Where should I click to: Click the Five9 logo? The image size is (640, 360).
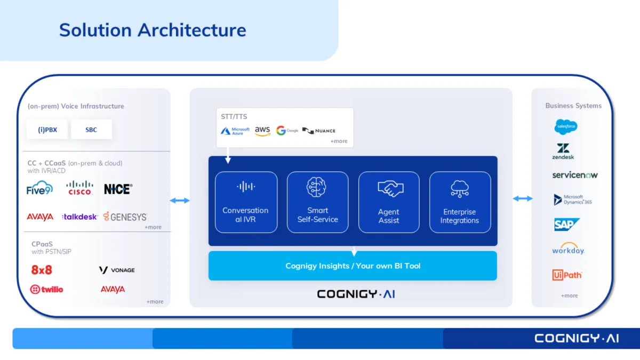point(39,188)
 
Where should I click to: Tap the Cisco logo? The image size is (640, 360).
point(80,188)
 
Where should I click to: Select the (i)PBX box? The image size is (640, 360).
point(47,130)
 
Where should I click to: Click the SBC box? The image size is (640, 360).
point(91,130)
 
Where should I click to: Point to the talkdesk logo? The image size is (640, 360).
point(80,217)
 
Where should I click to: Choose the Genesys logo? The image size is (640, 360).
point(125,217)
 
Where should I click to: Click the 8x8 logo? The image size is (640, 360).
point(42,270)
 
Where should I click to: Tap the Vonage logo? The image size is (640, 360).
point(117,270)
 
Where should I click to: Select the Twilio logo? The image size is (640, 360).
point(47,289)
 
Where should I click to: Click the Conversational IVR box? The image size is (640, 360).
point(246,202)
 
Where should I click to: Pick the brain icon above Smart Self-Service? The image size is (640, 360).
point(317,187)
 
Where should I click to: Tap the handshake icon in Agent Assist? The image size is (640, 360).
point(389,188)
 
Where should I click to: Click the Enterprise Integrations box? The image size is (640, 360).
point(460,202)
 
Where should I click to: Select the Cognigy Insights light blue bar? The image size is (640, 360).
point(353,266)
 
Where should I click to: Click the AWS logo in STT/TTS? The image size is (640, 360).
point(262,131)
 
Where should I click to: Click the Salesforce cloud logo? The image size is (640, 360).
point(565,126)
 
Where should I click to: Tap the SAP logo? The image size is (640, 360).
point(566,225)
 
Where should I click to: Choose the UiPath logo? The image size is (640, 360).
point(567,275)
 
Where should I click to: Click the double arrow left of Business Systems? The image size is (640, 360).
point(523,199)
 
